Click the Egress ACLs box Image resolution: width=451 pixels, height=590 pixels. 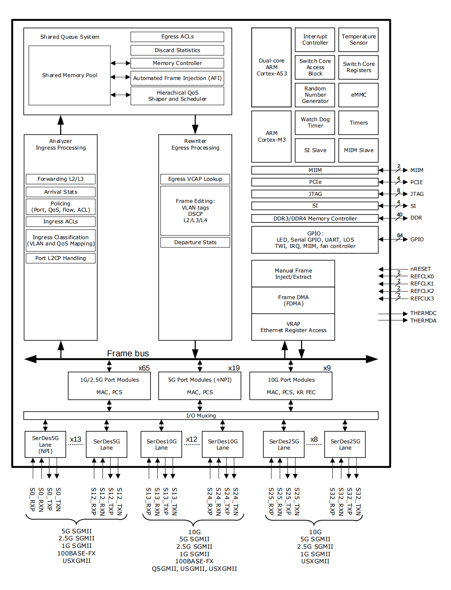tap(177, 37)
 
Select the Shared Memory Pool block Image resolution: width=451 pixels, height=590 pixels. tap(70, 75)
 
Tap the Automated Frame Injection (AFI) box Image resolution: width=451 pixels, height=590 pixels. tap(177, 78)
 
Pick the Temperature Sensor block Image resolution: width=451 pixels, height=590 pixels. tap(358, 40)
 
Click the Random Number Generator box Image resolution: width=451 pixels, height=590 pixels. tap(315, 95)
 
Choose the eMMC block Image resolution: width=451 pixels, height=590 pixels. tap(358, 95)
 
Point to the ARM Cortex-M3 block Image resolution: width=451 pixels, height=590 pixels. tap(271, 137)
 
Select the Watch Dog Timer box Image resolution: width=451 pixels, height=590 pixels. tap(315, 122)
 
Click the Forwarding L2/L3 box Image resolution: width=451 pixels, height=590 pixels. tap(60, 179)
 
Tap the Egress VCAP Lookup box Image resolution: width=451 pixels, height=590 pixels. tap(195, 179)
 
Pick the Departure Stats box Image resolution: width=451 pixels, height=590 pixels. tap(195, 242)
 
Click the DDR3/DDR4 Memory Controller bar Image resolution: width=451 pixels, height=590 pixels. tap(315, 218)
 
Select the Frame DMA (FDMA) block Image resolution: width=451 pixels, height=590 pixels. tap(293, 300)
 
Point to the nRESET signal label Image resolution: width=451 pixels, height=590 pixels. tap(420, 269)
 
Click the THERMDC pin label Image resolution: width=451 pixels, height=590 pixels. tap(423, 313)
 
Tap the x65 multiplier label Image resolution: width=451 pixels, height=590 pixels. tap(144, 368)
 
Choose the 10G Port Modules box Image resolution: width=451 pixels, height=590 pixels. tap(291, 386)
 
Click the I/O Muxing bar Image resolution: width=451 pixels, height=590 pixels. tap(201, 416)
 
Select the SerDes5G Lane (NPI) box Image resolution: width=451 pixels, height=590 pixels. tap(45, 445)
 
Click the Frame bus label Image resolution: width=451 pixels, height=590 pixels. tap(128, 353)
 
